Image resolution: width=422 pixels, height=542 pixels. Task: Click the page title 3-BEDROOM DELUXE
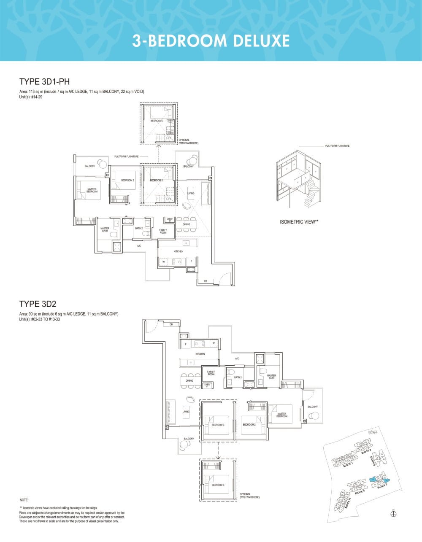point(211,41)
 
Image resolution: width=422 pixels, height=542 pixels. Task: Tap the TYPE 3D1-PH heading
point(44,82)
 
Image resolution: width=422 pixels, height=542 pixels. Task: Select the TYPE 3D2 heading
point(38,304)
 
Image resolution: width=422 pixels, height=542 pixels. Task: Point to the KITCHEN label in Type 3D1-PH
point(178,251)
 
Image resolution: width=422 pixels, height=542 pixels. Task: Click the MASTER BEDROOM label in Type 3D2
point(281,415)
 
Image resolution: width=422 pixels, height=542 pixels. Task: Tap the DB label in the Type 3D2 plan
point(171,324)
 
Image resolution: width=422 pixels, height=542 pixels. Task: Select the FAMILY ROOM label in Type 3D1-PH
point(163,231)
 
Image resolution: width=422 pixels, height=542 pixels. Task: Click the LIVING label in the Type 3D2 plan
point(186,412)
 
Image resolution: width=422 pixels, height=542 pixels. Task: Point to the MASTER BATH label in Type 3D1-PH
point(105,230)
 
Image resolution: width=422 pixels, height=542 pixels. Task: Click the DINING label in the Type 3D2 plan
point(189,380)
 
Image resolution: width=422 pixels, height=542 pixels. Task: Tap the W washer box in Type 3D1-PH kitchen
point(164,262)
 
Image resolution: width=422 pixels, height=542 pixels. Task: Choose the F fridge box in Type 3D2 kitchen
point(186,344)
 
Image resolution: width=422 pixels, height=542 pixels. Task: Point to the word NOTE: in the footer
point(24,500)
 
